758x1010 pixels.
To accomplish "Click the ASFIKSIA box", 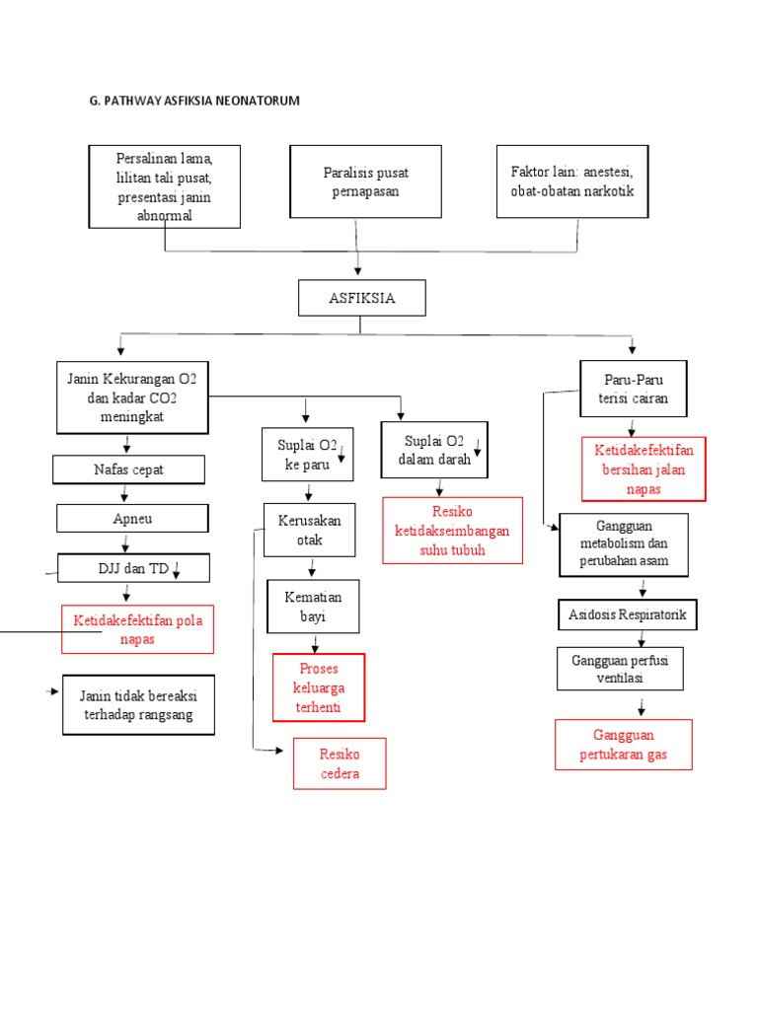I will [362, 298].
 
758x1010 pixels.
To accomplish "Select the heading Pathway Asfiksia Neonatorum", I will [194, 101].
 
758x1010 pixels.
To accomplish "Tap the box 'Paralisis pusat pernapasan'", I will [365, 181].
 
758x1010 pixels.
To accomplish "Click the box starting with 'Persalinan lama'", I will [164, 186].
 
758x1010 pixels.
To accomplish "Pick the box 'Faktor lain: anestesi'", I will [572, 181].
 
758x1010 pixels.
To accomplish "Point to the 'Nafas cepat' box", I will [129, 469].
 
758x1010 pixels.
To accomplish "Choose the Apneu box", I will [132, 518].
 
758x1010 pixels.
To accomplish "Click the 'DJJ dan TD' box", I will [133, 568].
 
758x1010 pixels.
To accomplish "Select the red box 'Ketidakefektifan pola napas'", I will [138, 629].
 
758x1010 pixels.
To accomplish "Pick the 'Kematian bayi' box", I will [313, 607].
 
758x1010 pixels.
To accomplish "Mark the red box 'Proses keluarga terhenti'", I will [319, 686].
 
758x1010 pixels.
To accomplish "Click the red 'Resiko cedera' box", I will [340, 763].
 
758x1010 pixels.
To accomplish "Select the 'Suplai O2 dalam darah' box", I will [434, 450].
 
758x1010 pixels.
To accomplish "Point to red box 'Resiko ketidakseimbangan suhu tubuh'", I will [452, 531].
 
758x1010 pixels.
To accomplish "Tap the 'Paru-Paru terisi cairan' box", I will [632, 389].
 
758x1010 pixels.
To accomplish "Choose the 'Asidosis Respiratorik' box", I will [628, 615].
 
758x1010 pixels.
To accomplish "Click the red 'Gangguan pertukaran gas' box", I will [624, 745].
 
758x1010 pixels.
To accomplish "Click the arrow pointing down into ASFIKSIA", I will [357, 264].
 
